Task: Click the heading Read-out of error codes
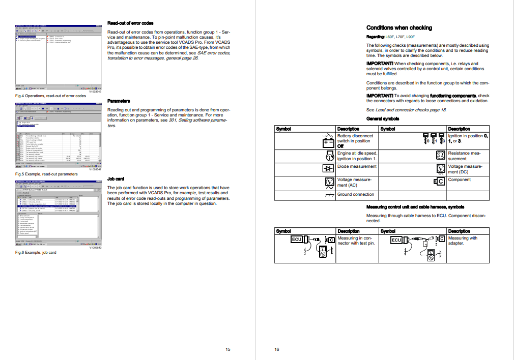[x=130, y=23]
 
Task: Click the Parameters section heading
[x=119, y=101]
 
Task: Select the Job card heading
[x=116, y=179]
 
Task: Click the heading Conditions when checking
[x=399, y=28]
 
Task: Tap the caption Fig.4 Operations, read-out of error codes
[x=45, y=96]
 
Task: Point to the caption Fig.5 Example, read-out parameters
[x=46, y=174]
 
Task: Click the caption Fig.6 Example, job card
[x=36, y=252]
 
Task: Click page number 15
[x=228, y=349]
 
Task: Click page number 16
[x=277, y=349]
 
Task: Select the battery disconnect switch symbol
[x=328, y=139]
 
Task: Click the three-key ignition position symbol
[x=434, y=138]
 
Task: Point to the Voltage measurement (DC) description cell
[x=465, y=169]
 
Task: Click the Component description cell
[x=459, y=179]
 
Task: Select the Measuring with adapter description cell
[x=463, y=241]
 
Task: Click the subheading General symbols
[x=383, y=118]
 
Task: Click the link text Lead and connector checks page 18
[x=411, y=110]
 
